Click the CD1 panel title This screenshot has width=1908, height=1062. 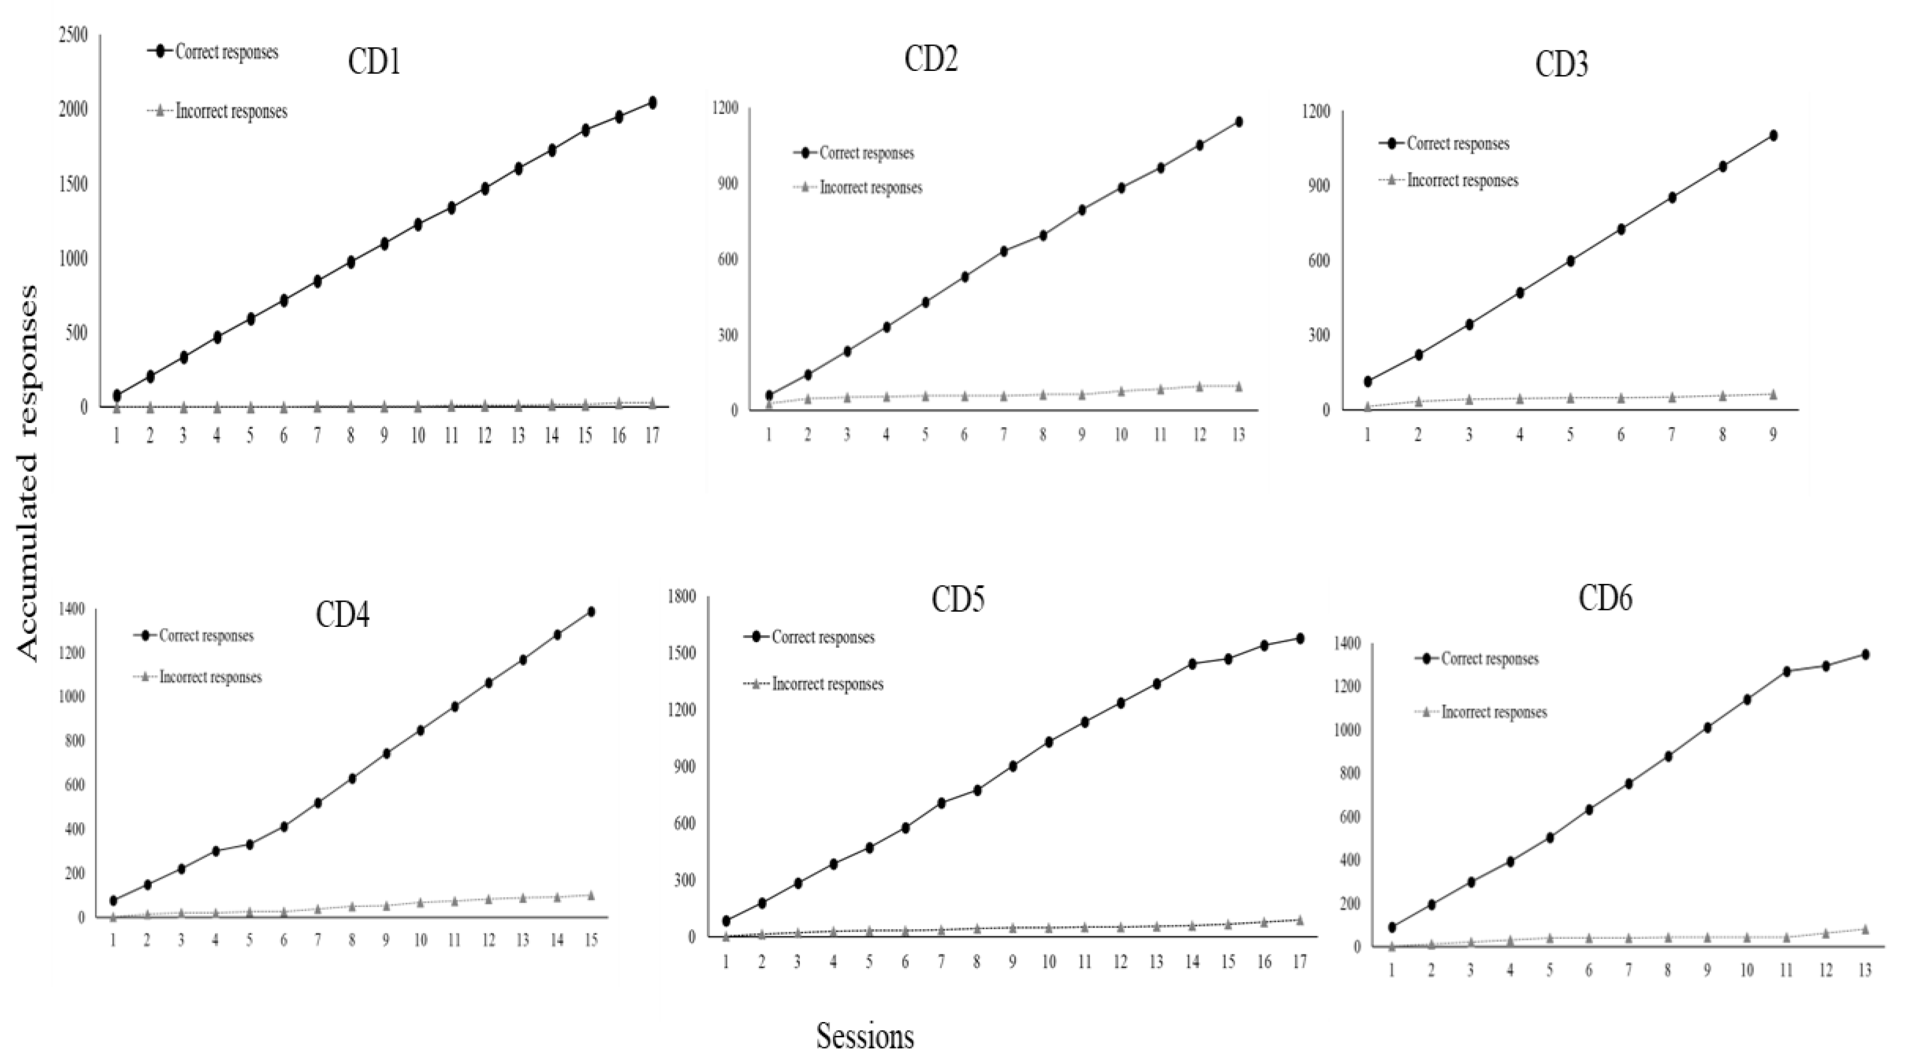coord(374,63)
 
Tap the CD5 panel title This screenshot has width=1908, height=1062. coord(958,600)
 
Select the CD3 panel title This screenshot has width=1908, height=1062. coord(1561,65)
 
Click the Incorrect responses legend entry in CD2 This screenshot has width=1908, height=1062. coord(870,188)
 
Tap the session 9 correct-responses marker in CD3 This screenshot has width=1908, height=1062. coord(1773,136)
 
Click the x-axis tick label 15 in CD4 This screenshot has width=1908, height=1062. coord(590,941)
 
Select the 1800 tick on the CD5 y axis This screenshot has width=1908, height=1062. coord(680,597)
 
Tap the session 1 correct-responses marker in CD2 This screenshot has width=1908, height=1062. coord(769,396)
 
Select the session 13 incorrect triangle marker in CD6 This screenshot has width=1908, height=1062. coord(1865,929)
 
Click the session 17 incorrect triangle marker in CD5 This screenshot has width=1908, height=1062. coord(1299,920)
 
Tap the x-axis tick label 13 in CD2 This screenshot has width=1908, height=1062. coord(1237,435)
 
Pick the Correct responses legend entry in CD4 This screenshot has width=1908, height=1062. coord(206,635)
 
